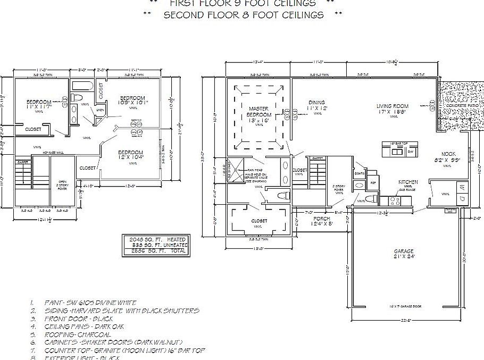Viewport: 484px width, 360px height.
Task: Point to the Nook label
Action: tap(449, 156)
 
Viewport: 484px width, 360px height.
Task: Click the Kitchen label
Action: tap(408, 182)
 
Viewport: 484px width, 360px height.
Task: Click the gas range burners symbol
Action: tap(396, 201)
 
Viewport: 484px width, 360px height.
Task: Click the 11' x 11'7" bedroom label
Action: tap(39, 104)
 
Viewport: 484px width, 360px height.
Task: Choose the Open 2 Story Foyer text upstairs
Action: tap(62, 185)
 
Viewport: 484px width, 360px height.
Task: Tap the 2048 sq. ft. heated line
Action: tap(154, 240)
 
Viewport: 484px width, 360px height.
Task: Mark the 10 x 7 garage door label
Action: tap(405, 307)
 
